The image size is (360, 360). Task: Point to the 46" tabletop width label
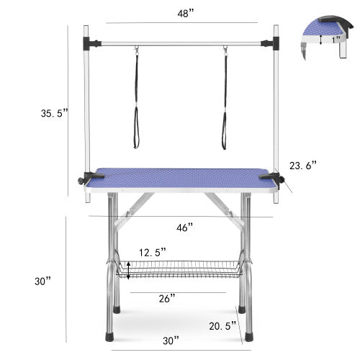click(185, 228)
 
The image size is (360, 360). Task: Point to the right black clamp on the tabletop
click(271, 176)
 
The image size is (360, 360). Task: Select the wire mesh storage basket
click(179, 269)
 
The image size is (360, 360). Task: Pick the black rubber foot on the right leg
click(248, 334)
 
